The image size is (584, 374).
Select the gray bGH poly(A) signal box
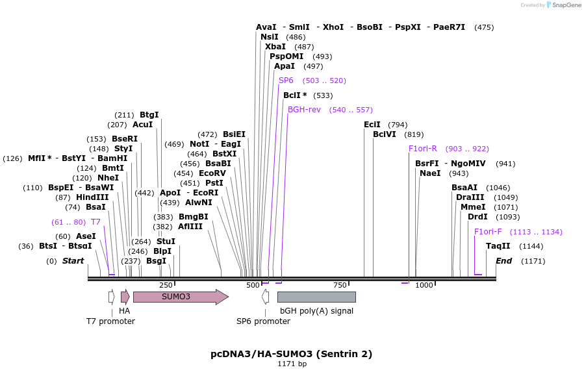(x=316, y=297)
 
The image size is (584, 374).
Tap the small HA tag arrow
(x=125, y=297)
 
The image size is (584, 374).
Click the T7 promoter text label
(x=110, y=321)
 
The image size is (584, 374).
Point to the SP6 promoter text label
(x=263, y=321)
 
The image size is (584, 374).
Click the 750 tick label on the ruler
(x=340, y=286)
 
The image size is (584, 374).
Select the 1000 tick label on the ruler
(x=424, y=286)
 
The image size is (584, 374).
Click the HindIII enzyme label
(x=92, y=197)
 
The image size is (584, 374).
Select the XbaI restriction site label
(x=275, y=47)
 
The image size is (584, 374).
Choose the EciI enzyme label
(x=372, y=124)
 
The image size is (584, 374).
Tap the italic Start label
(x=73, y=261)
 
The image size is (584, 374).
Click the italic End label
(x=503, y=261)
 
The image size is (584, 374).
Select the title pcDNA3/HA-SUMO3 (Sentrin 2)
(x=292, y=354)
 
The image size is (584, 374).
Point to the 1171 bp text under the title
(x=292, y=364)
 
